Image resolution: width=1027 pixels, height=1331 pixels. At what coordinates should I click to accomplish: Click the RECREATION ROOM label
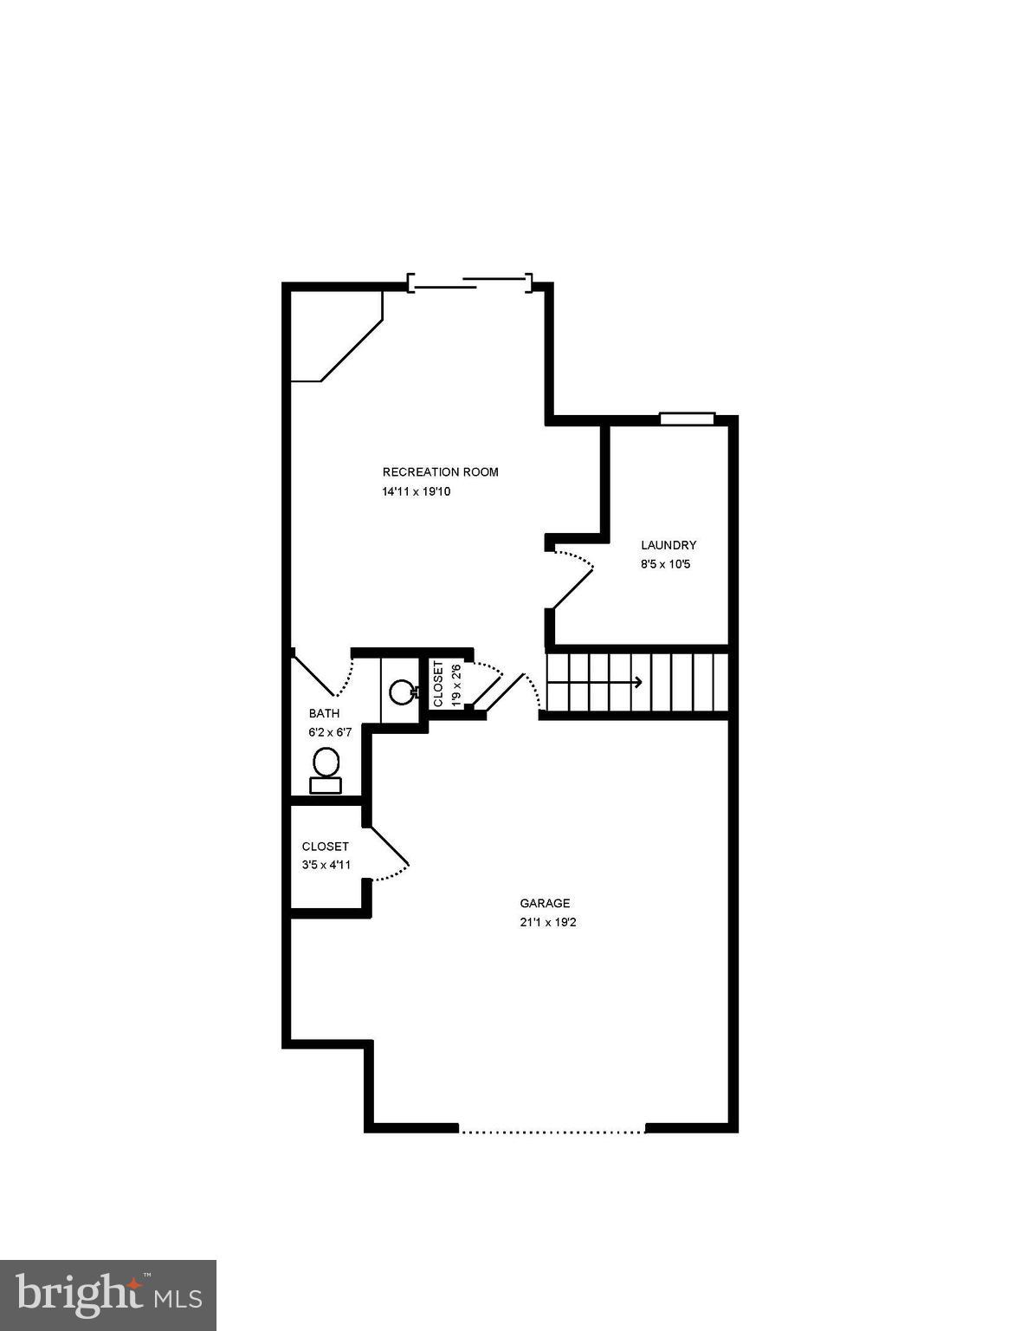pyautogui.click(x=440, y=472)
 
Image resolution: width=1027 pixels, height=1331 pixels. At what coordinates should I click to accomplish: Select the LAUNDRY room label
pyautogui.click(x=668, y=545)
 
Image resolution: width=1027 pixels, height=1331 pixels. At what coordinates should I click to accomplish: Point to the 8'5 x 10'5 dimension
pyautogui.click(x=665, y=564)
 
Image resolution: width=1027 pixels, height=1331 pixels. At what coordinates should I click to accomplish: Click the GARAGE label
pyautogui.click(x=545, y=903)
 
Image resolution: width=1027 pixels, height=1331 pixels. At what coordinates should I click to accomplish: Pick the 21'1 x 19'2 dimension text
pyautogui.click(x=548, y=922)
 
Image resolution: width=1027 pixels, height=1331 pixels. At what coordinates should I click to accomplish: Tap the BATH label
pyautogui.click(x=324, y=714)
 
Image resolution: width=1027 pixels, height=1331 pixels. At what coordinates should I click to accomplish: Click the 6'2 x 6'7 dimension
pyautogui.click(x=330, y=732)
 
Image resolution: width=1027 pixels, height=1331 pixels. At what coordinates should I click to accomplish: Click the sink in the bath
pyautogui.click(x=401, y=691)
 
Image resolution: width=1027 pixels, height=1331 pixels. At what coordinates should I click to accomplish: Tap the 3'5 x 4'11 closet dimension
pyautogui.click(x=326, y=865)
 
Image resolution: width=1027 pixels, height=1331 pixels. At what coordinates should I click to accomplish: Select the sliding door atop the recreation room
pyautogui.click(x=469, y=282)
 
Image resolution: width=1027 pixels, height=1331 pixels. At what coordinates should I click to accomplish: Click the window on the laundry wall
pyautogui.click(x=687, y=419)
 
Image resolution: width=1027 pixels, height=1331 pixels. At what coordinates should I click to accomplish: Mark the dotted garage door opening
pyautogui.click(x=552, y=1130)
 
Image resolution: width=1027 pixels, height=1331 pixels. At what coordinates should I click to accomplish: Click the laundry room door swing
pyautogui.click(x=573, y=576)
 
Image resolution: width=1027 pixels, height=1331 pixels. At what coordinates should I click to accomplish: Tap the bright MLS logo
pyautogui.click(x=108, y=1295)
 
